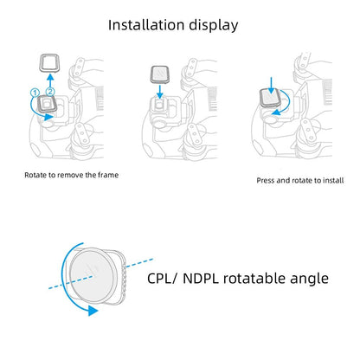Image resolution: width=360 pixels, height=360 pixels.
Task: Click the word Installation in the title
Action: tap(150, 24)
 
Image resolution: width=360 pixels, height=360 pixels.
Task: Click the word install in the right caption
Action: tap(333, 181)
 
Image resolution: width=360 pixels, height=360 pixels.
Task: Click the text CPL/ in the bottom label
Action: tap(164, 279)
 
